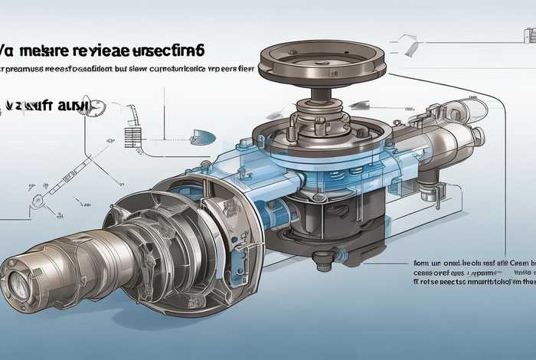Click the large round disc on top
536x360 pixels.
point(322,63)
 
